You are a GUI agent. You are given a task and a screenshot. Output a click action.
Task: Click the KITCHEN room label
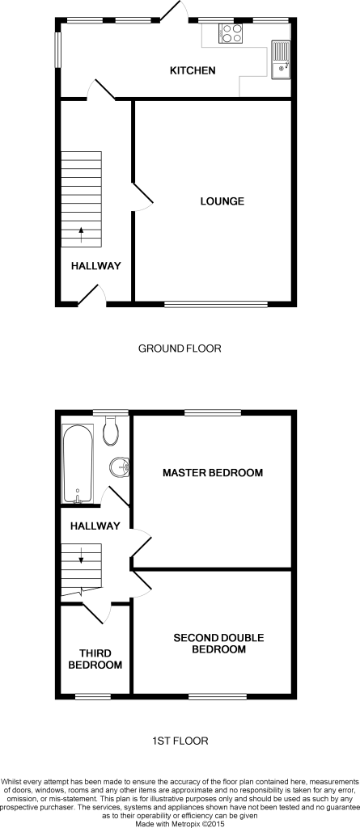[193, 70]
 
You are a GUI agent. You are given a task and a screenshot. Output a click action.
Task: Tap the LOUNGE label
[222, 201]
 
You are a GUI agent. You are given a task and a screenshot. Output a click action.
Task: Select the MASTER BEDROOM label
[213, 472]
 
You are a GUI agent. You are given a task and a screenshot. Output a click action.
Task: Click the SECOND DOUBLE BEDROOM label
[219, 644]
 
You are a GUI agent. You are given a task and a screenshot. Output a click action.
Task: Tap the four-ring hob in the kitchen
[231, 33]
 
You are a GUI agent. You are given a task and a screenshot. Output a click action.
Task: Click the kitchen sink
[281, 60]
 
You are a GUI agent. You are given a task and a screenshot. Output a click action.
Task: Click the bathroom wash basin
[119, 466]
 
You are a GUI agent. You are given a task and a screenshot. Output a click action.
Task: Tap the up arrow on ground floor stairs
[82, 234]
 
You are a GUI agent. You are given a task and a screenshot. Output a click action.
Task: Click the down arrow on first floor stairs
[82, 555]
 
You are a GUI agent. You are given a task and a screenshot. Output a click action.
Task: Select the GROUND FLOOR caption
[180, 349]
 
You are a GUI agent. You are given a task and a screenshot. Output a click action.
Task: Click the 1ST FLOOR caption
[180, 741]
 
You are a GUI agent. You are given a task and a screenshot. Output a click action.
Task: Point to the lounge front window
[216, 304]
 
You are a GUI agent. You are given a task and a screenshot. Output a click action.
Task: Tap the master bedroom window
[213, 413]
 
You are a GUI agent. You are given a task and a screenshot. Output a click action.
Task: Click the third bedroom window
[93, 697]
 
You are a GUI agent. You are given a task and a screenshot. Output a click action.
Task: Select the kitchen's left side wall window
[58, 49]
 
